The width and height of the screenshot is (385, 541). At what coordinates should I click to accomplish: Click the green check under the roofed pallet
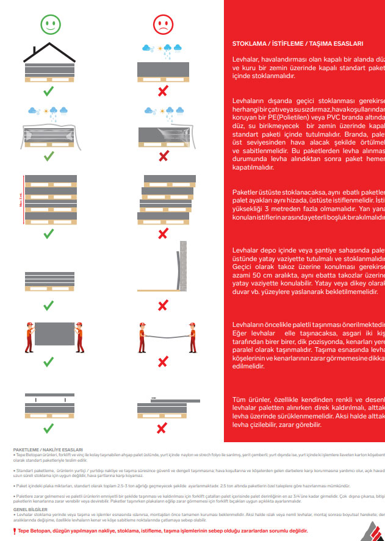point(51,91)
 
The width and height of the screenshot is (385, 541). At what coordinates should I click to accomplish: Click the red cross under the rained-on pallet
point(163,91)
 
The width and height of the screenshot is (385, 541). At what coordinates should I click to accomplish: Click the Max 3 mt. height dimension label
point(21,199)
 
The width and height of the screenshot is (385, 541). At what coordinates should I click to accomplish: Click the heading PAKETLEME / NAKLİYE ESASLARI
point(48,449)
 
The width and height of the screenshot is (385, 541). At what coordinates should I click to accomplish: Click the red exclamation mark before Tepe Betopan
point(15,531)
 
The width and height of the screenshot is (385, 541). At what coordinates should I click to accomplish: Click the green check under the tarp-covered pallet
point(51,157)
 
